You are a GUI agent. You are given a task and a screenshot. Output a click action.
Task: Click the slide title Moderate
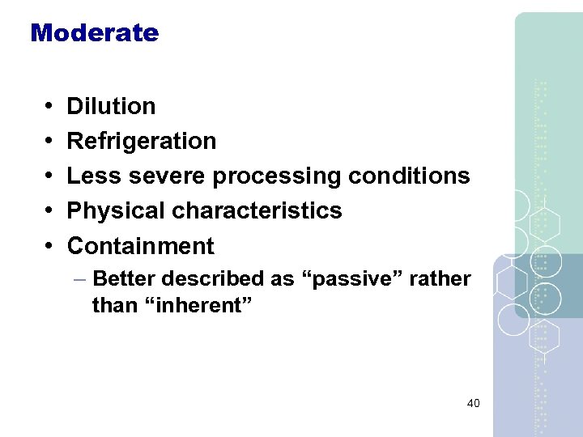(x=94, y=33)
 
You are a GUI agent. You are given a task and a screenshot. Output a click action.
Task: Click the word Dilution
(x=111, y=106)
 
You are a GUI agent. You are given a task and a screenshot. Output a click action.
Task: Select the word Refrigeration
(x=141, y=141)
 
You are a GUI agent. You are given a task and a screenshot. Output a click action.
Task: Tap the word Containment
(x=140, y=245)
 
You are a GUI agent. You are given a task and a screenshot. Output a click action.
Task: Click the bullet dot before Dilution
(x=49, y=107)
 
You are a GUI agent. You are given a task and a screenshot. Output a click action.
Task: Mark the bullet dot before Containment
(x=49, y=246)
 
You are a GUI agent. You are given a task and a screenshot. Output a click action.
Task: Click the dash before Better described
(x=79, y=279)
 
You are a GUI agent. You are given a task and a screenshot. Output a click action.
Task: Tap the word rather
(x=440, y=278)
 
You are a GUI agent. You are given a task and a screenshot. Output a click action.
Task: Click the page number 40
(x=473, y=402)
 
